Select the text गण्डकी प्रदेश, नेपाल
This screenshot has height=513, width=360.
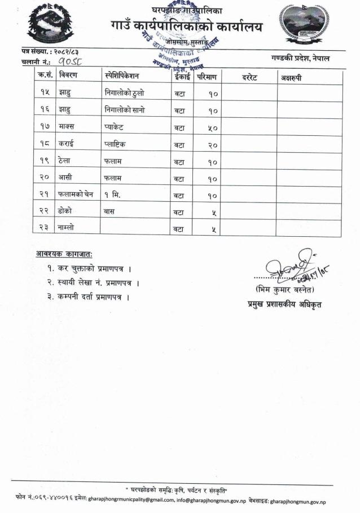coord(300,58)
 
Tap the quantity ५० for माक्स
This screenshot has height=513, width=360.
coord(211,128)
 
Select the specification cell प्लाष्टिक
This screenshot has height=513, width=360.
coord(115,144)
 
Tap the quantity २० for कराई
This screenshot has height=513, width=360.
coord(211,145)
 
